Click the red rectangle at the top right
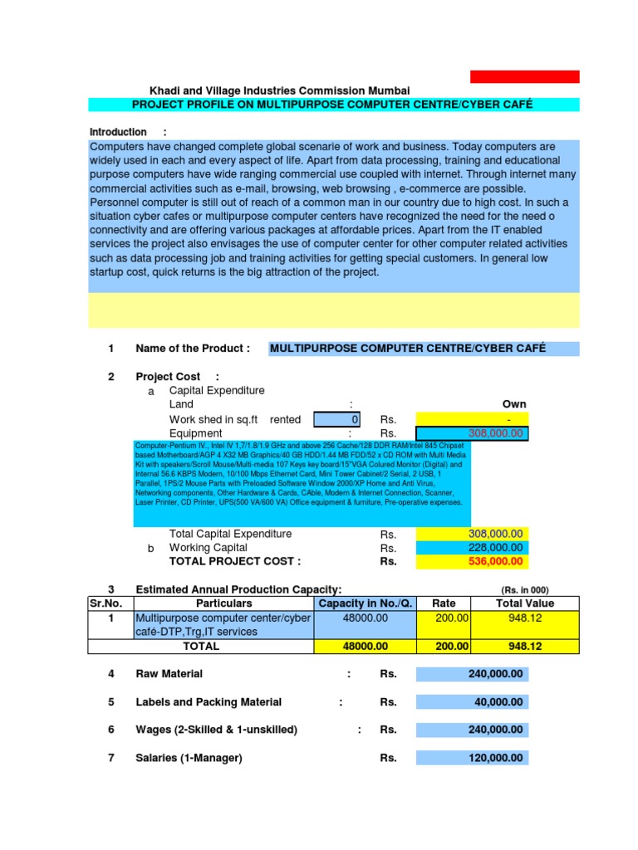(x=524, y=76)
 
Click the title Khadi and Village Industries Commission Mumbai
(x=278, y=90)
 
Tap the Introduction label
(x=118, y=132)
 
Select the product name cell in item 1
(x=424, y=349)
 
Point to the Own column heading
(x=513, y=404)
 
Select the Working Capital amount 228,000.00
(x=471, y=548)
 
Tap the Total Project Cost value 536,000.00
(x=471, y=562)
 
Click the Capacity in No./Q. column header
(x=366, y=603)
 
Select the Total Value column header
(x=525, y=603)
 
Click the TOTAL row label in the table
(x=201, y=647)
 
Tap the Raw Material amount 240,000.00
(x=471, y=675)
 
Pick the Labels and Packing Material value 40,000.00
(x=471, y=703)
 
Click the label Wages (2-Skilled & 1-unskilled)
(x=216, y=730)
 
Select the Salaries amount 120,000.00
(x=471, y=759)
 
